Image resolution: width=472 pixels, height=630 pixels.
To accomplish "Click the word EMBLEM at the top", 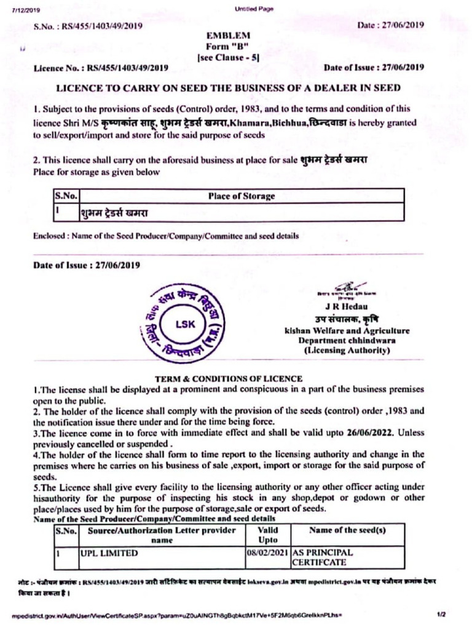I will (228, 36).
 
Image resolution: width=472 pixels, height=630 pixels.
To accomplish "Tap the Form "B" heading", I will (228, 47).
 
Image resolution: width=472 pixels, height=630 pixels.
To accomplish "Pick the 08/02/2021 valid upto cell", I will (267, 553).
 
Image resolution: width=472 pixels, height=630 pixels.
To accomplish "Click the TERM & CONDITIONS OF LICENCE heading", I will (228, 378).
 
